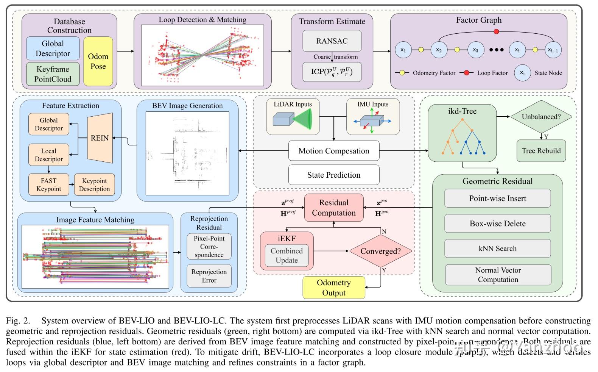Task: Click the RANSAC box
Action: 332,41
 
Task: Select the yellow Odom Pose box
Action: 98,61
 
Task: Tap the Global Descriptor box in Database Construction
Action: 53,48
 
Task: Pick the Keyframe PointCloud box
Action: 53,74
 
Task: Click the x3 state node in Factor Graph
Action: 475,50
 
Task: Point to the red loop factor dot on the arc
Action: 497,31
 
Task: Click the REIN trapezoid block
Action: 100,138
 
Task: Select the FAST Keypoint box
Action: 49,184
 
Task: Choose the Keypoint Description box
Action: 94,184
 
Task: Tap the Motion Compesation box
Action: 334,151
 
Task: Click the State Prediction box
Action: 334,175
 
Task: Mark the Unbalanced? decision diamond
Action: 541,117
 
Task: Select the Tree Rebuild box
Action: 541,151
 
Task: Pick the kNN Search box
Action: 497,249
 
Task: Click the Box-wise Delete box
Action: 497,224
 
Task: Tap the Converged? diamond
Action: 380,251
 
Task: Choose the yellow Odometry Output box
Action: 334,288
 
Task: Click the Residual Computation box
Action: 334,208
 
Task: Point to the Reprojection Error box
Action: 209,276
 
